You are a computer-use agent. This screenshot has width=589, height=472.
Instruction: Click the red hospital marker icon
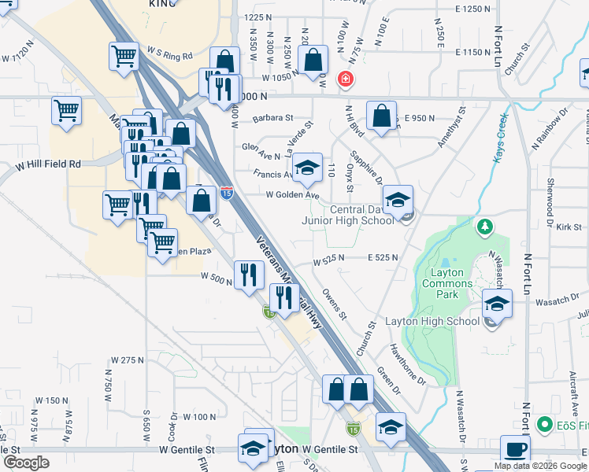pyautogui.click(x=344, y=79)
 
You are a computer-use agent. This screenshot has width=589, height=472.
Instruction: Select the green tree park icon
pyautogui.click(x=485, y=227)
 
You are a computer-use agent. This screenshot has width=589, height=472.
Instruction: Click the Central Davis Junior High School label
pyautogui.click(x=348, y=215)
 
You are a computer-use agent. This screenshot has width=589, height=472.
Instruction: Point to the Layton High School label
pyautogui.click(x=432, y=321)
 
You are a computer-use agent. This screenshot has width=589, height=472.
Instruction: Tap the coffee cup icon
pyautogui.click(x=516, y=449)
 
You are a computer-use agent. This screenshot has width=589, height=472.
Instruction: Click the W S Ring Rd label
pyautogui.click(x=168, y=56)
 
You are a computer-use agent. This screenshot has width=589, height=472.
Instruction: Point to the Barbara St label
pyautogui.click(x=272, y=119)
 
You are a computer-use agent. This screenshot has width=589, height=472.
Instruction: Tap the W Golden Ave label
pyautogui.click(x=292, y=195)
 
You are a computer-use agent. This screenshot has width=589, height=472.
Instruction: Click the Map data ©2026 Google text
pyautogui.click(x=540, y=466)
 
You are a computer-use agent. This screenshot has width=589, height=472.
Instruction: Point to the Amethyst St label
pyautogui.click(x=454, y=125)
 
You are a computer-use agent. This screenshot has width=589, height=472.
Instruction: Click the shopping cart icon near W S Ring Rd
pyautogui.click(x=124, y=57)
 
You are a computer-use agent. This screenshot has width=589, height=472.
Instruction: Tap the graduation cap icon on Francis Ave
pyautogui.click(x=306, y=168)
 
